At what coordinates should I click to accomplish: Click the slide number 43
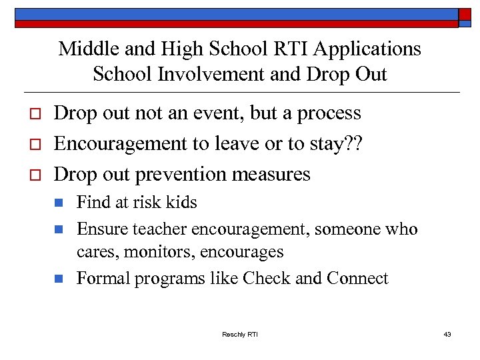tap(447, 334)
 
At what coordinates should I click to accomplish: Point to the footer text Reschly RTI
tap(240, 334)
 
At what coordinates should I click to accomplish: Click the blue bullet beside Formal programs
tap(59, 278)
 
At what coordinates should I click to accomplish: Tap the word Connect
tap(357, 278)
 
